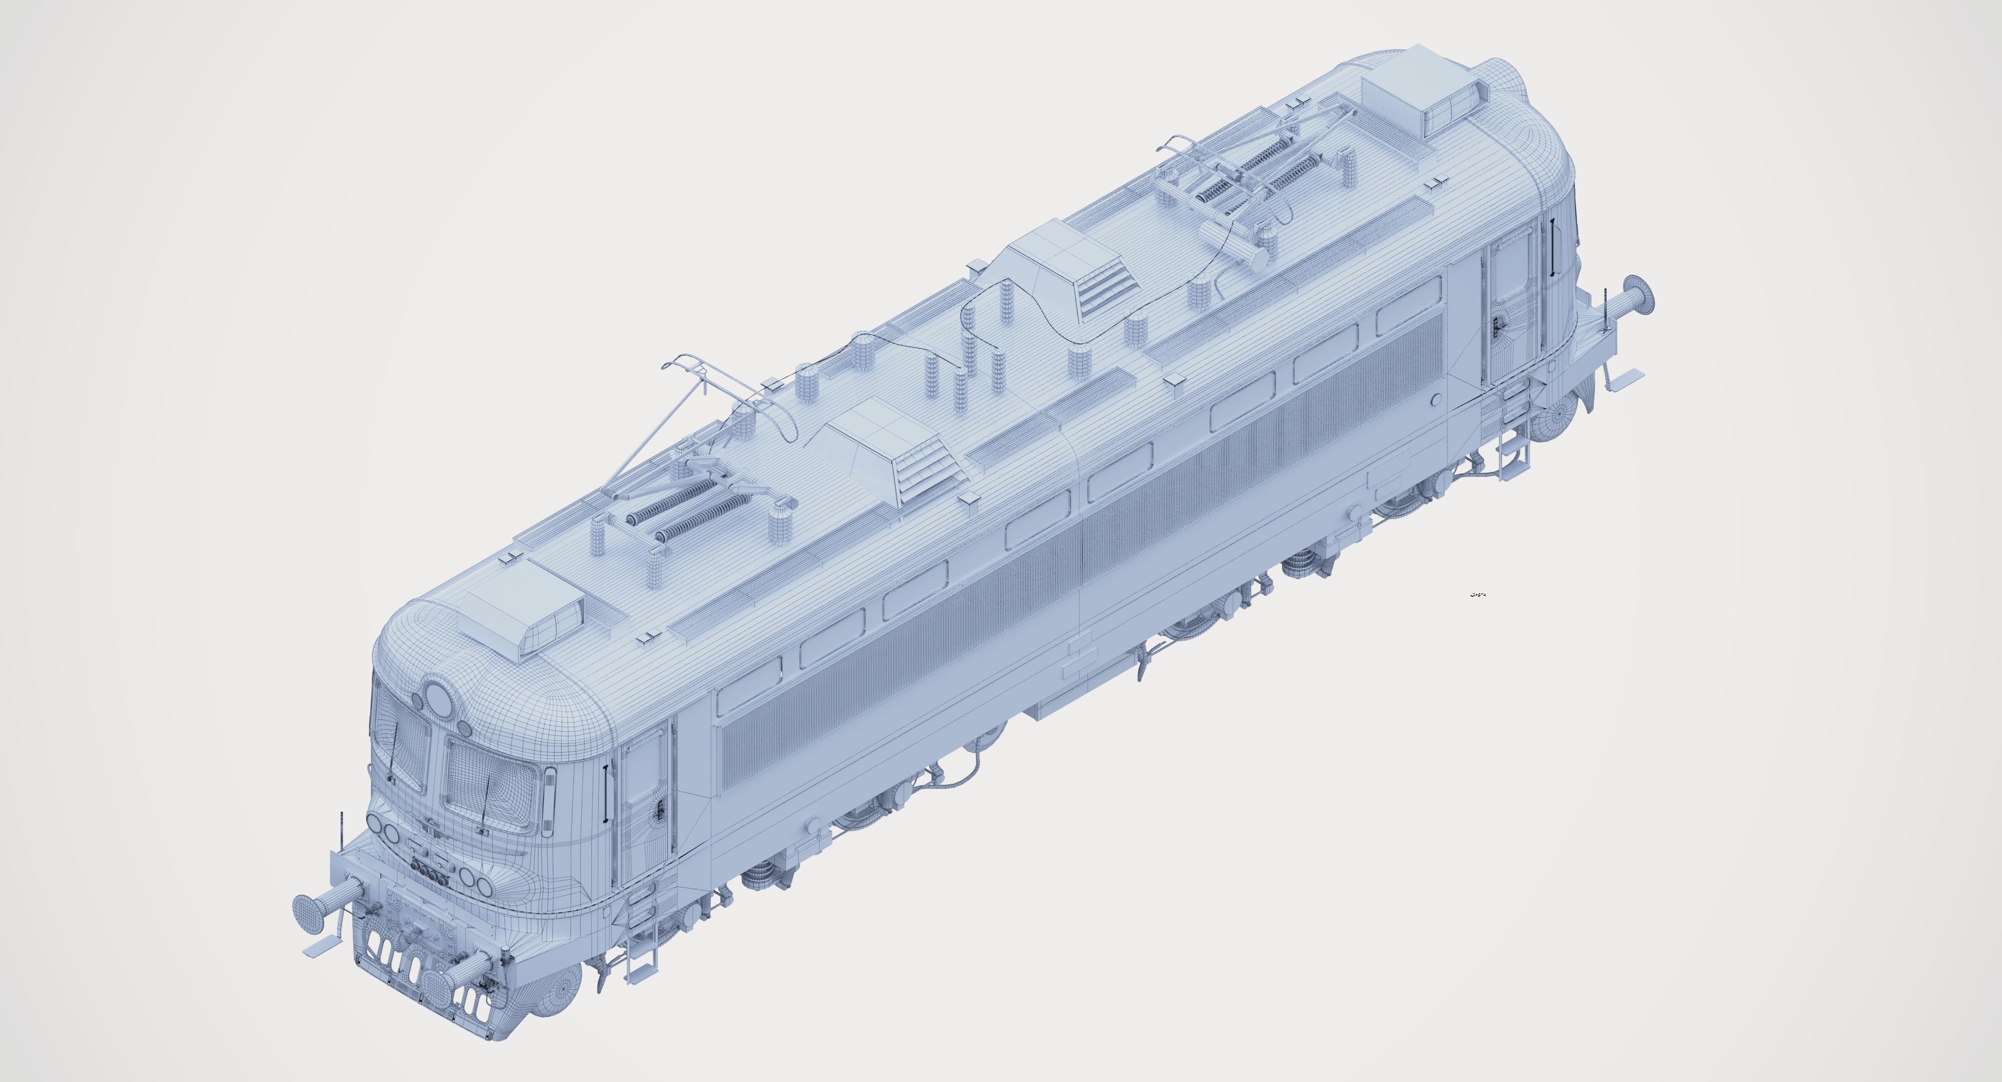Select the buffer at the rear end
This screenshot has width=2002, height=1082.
click(x=1640, y=294)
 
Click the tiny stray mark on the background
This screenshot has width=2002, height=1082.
click(x=1478, y=595)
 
